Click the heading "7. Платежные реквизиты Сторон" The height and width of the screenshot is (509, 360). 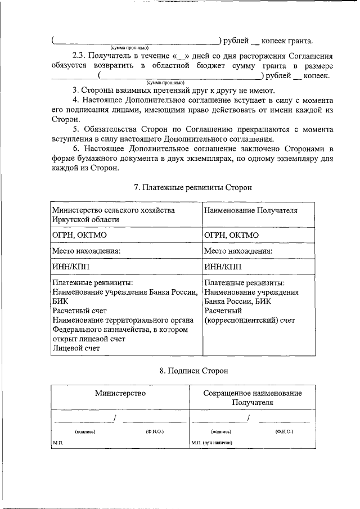tap(193, 187)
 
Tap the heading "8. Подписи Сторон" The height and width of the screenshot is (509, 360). tap(193, 371)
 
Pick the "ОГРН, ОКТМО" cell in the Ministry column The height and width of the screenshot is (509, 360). tap(79, 235)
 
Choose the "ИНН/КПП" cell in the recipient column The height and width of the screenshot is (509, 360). tap(223, 266)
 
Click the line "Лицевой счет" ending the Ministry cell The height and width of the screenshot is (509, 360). tap(76, 348)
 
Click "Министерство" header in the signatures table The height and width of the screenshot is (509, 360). tap(120, 393)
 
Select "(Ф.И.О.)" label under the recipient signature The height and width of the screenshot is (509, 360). tap(284, 431)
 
